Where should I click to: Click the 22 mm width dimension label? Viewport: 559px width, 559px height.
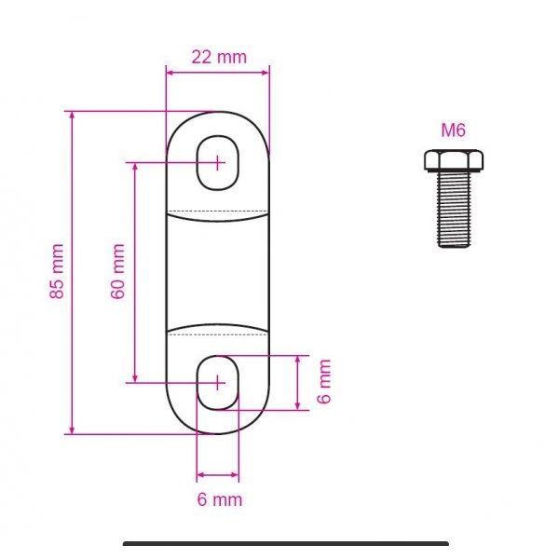coord(219,57)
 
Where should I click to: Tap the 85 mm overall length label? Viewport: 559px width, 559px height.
coord(57,271)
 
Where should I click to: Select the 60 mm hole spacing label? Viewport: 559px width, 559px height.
coord(117,271)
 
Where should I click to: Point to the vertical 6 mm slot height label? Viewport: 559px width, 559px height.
coord(324,381)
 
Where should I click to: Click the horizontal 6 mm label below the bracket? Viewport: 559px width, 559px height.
coord(220,499)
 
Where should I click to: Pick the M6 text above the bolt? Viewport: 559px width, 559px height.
coord(453,130)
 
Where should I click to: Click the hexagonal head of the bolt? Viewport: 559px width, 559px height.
coord(454,160)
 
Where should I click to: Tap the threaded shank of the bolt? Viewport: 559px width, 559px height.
coord(454,209)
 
